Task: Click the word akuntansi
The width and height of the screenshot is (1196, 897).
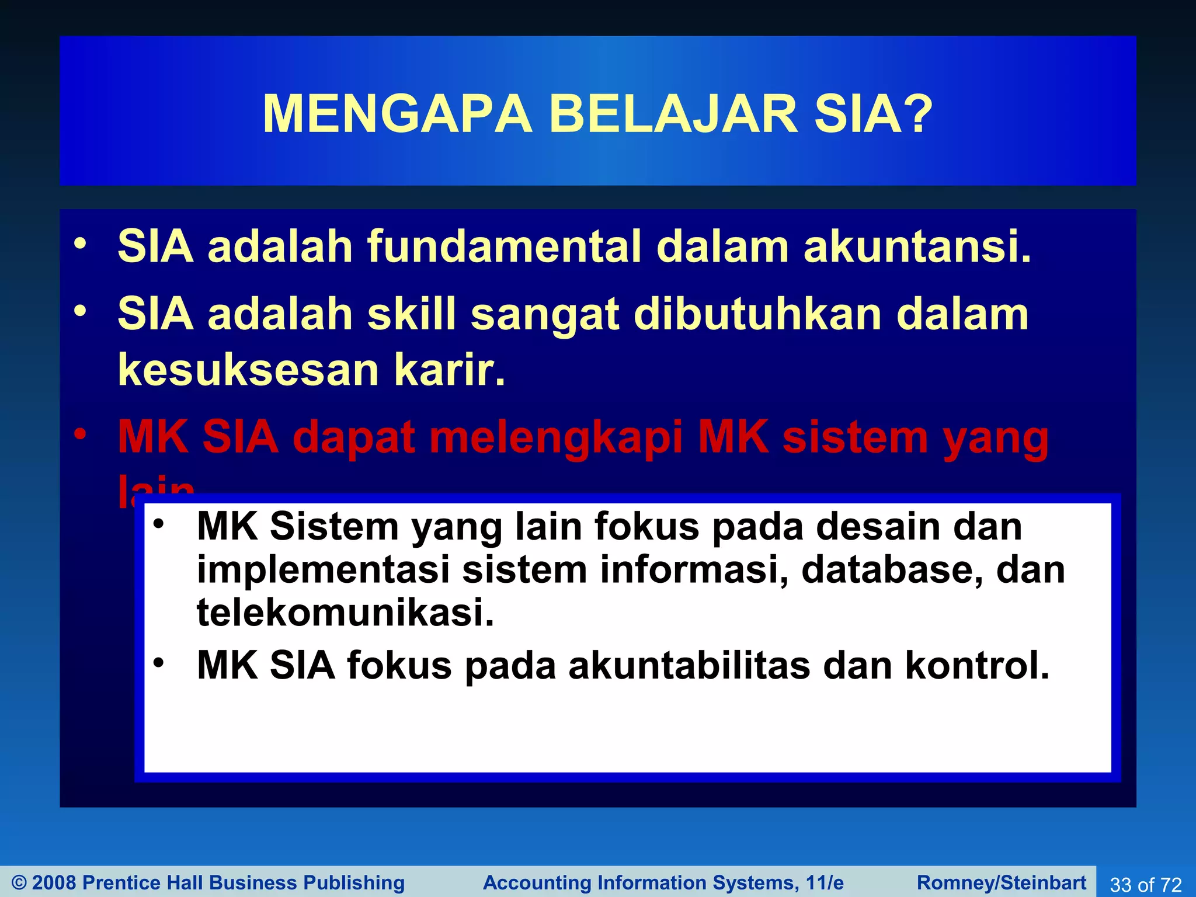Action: click(x=917, y=246)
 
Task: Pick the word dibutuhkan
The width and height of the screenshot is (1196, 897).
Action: click(x=757, y=314)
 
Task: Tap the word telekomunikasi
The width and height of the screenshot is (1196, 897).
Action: click(x=345, y=613)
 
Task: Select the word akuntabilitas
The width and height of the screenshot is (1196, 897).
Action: click(x=689, y=666)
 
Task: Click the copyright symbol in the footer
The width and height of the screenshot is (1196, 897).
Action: click(x=19, y=882)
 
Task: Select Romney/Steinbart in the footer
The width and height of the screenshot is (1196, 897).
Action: click(x=1002, y=882)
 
